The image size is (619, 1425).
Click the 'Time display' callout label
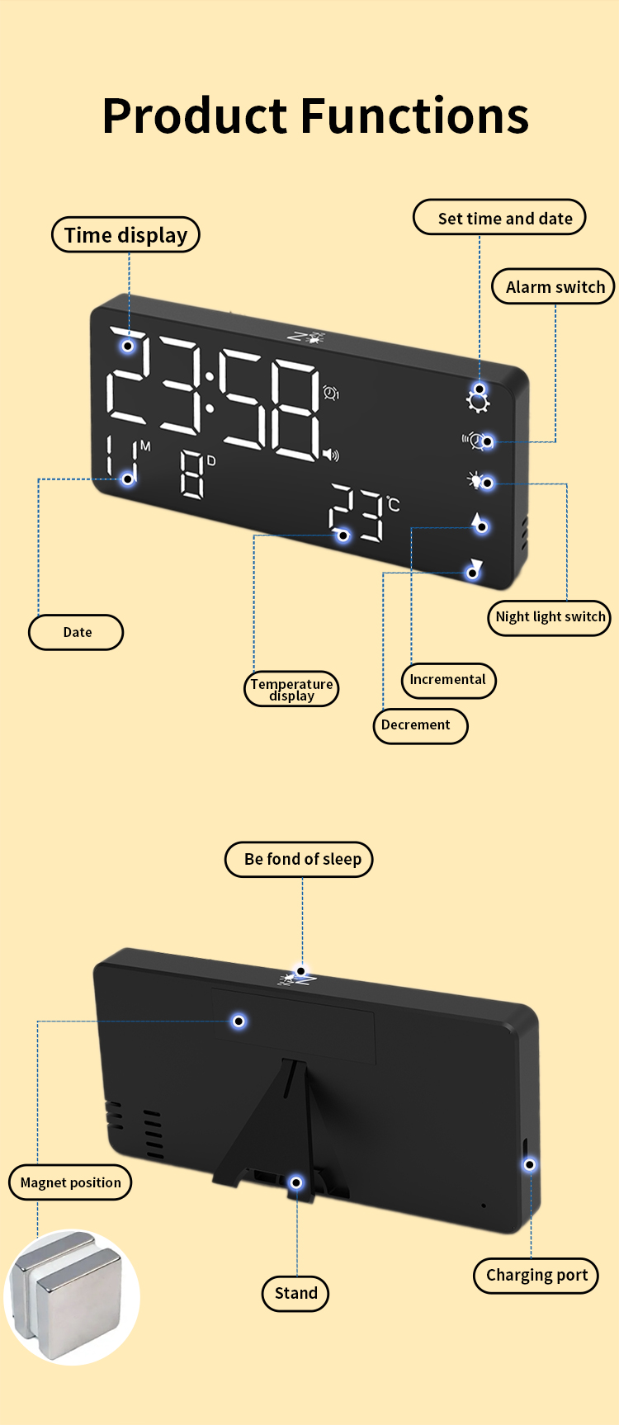[x=125, y=235]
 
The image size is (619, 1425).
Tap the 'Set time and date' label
[x=499, y=218]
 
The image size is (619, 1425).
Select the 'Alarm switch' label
[x=555, y=286]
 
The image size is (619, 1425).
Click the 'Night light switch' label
[x=550, y=617]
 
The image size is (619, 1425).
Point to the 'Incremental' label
[x=448, y=680]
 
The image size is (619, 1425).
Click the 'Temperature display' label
[x=291, y=689]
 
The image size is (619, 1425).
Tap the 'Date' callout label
[x=77, y=632]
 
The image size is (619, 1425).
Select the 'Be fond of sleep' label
[x=300, y=859]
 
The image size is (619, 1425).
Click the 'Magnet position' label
[x=70, y=1182]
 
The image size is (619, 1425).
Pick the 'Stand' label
[x=295, y=1293]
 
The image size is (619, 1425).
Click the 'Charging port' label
[x=536, y=1275]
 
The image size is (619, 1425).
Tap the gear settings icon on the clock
[x=477, y=401]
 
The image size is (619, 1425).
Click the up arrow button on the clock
[x=477, y=521]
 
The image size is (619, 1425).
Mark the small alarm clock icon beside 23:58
[x=332, y=393]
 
